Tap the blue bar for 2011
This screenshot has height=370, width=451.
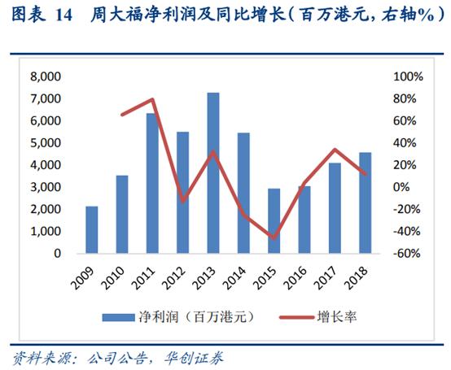click(x=152, y=183)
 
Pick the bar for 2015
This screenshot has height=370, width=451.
click(x=274, y=220)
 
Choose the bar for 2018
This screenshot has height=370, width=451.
click(x=366, y=202)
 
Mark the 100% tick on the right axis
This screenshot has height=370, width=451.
click(x=407, y=76)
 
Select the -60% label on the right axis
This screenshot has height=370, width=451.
click(x=407, y=253)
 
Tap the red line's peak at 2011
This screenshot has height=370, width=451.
click(x=152, y=100)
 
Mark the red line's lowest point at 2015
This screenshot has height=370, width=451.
click(x=274, y=237)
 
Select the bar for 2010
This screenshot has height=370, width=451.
click(x=122, y=214)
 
